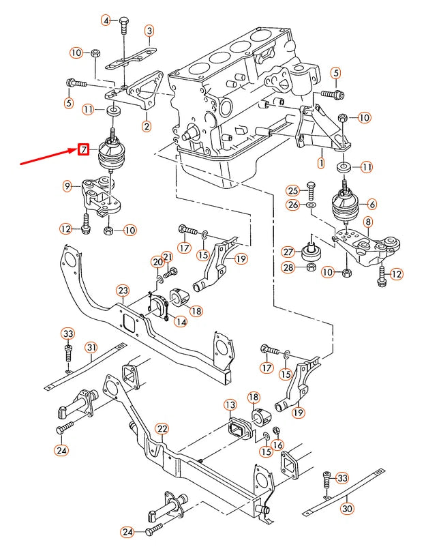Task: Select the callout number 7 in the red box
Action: tap(83, 149)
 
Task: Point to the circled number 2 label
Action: tap(147, 125)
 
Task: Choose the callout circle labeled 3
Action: tap(149, 30)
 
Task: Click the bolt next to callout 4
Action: tap(123, 27)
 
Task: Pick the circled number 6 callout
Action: tap(372, 204)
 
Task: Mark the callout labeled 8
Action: tap(367, 222)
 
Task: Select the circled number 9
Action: tap(67, 186)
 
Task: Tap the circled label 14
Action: tap(181, 321)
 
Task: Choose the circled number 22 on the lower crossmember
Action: tap(162, 428)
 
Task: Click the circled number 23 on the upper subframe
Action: tap(122, 291)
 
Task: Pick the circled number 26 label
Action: tap(292, 205)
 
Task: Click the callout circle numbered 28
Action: tap(288, 268)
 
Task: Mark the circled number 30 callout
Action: tap(347, 508)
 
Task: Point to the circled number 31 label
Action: tap(91, 348)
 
